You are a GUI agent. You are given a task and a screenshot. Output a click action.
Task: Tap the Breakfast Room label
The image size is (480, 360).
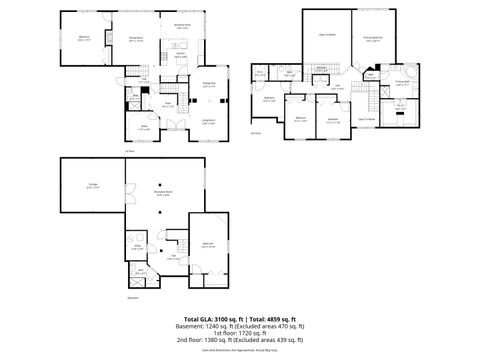pyautogui.click(x=182, y=27)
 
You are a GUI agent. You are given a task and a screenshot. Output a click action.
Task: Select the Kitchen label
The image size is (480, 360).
pyautogui.click(x=182, y=56)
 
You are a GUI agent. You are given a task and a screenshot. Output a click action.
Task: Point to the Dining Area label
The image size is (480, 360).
pyautogui.click(x=210, y=86)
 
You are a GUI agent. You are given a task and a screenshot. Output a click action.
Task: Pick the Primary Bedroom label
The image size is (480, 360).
pyautogui.click(x=373, y=39)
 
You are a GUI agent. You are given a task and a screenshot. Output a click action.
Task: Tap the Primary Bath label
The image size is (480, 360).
pyautogui.click(x=400, y=84)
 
